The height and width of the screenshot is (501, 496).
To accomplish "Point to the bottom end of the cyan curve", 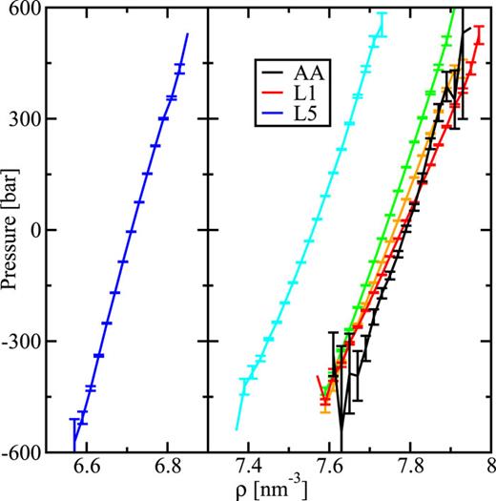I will pos(236,430).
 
